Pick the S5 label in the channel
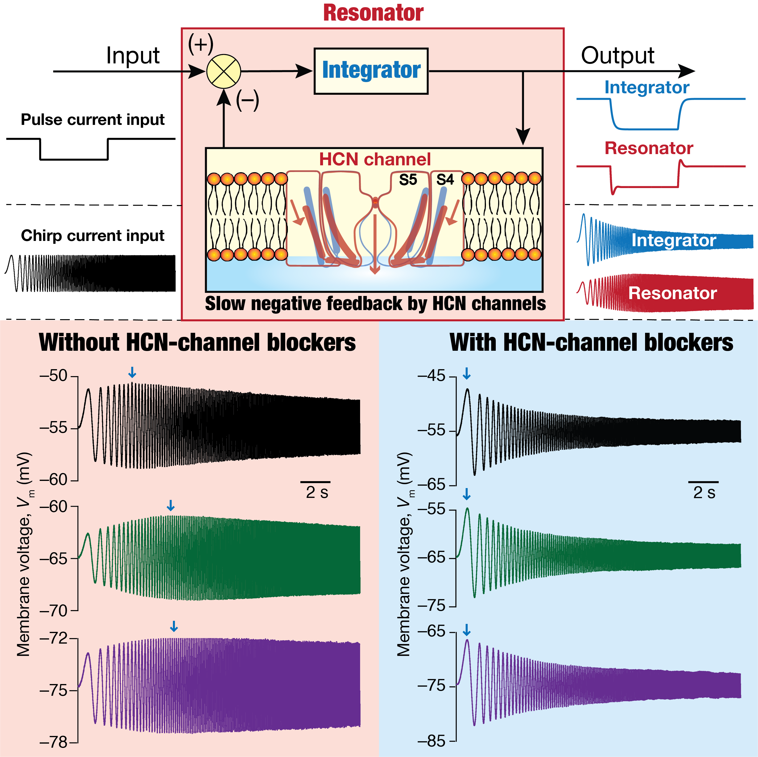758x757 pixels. (408, 180)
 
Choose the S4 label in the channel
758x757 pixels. (445, 180)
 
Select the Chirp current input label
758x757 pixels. (93, 236)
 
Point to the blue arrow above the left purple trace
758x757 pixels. (174, 626)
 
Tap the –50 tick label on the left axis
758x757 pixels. (54, 376)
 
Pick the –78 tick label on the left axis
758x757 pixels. (54, 742)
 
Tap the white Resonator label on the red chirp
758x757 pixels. (673, 293)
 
